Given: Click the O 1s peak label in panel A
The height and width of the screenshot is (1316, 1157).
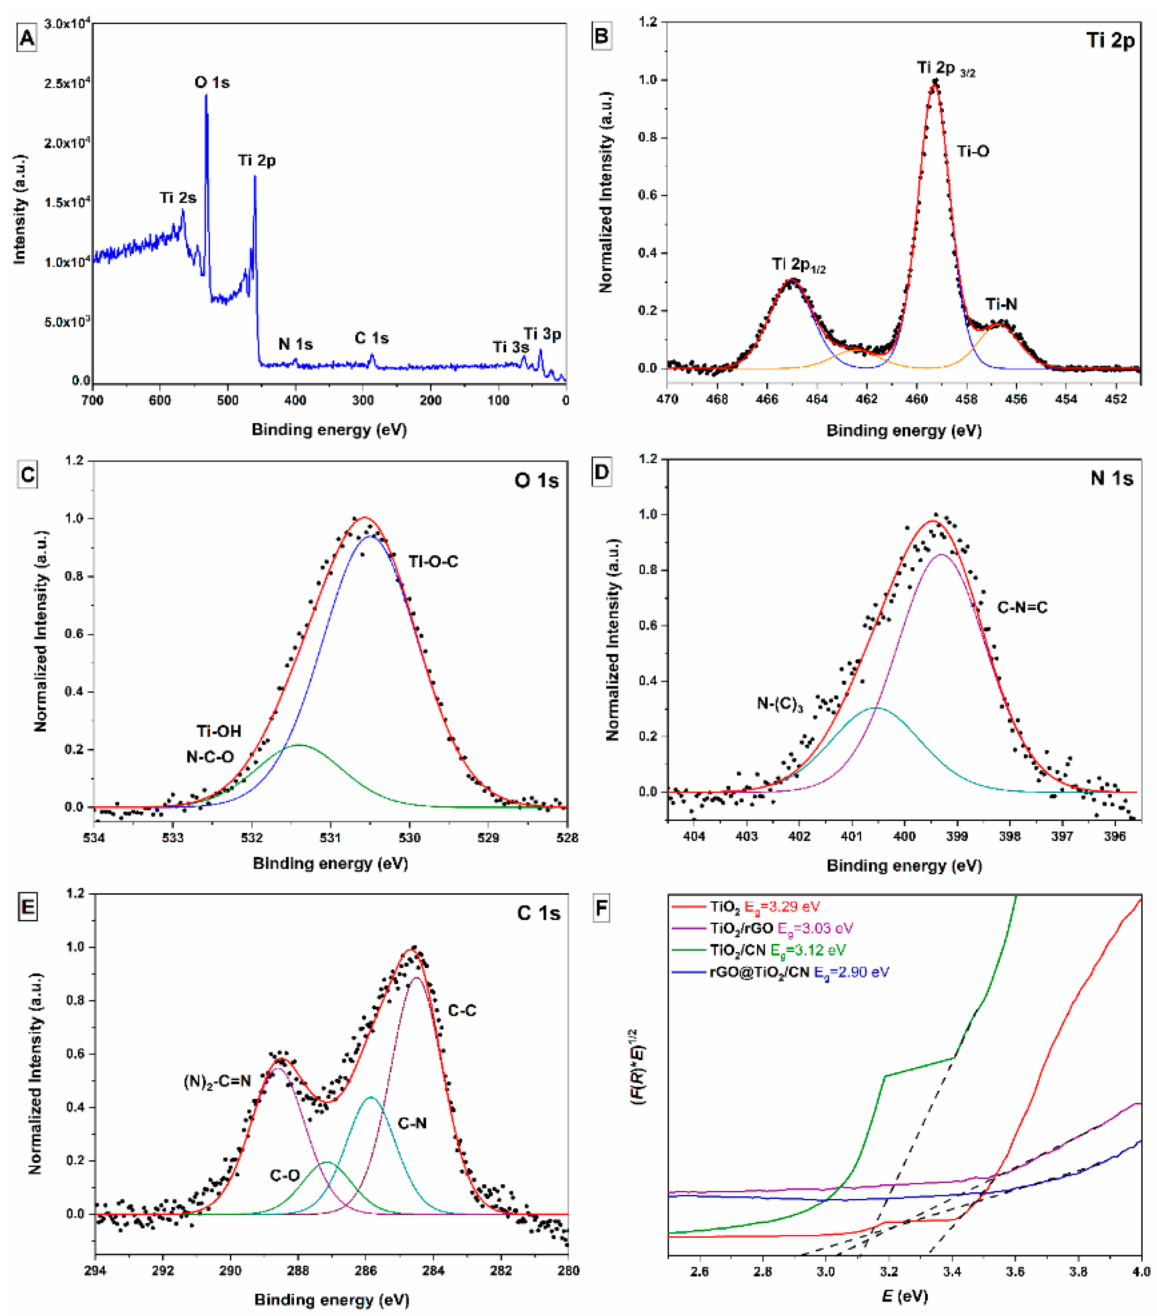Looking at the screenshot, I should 212,82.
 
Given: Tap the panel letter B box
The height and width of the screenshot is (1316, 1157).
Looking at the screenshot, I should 601,36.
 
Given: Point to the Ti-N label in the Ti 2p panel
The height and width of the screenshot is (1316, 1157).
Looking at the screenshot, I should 1001,304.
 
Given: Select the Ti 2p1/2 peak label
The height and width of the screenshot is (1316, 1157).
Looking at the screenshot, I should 798,264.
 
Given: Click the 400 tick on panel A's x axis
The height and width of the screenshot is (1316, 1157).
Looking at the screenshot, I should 296,400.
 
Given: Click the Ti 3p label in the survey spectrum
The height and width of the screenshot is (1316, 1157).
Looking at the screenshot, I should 542,334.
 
